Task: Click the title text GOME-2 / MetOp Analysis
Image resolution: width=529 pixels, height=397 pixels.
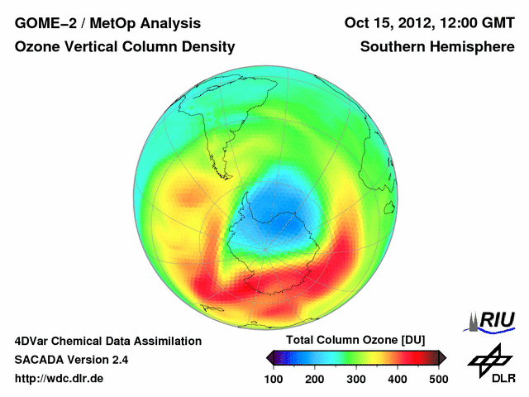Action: [x=107, y=23]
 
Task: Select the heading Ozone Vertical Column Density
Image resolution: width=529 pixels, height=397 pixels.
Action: [x=125, y=47]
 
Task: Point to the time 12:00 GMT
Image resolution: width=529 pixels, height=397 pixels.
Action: [x=476, y=23]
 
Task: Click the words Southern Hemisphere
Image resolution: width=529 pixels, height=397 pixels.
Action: [x=437, y=47]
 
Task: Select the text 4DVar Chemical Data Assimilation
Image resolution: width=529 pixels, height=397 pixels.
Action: [x=108, y=341]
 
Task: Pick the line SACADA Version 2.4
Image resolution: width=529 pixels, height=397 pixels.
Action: [x=71, y=360]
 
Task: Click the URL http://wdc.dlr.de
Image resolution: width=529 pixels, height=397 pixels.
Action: [x=60, y=379]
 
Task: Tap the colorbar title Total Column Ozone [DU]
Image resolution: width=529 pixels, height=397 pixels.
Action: [x=356, y=341]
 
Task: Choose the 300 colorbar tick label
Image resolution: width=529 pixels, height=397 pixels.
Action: [x=356, y=379]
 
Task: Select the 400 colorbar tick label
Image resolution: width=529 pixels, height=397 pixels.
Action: [x=397, y=379]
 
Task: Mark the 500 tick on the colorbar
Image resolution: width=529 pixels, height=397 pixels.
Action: [x=437, y=379]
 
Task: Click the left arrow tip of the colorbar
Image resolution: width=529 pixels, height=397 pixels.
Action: [x=269, y=358]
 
